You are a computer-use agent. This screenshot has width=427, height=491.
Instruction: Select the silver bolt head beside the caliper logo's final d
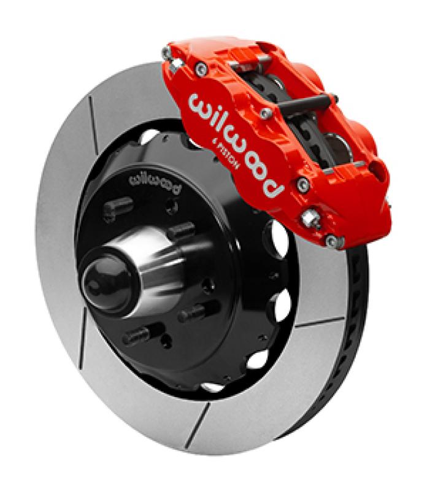pos(302,184)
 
